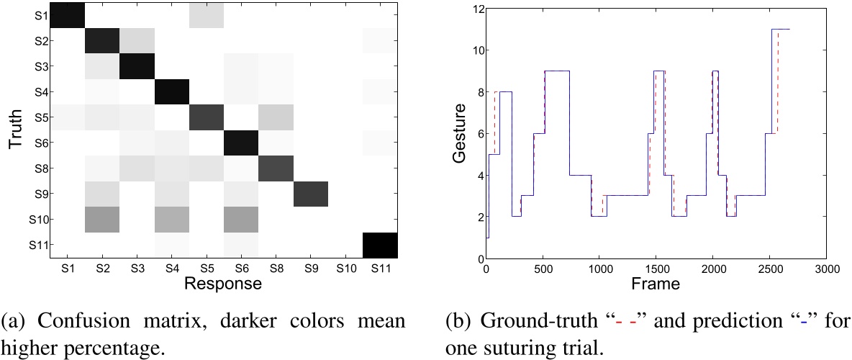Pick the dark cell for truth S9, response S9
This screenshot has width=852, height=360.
click(x=311, y=194)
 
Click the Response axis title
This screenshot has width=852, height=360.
click(x=222, y=284)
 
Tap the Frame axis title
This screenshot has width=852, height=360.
click(x=656, y=285)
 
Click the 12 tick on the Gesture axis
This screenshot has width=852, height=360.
click(x=475, y=9)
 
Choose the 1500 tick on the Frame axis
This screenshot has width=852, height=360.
click(x=656, y=269)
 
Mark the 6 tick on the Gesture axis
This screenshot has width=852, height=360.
click(x=478, y=134)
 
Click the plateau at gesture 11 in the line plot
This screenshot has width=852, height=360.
click(x=781, y=30)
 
